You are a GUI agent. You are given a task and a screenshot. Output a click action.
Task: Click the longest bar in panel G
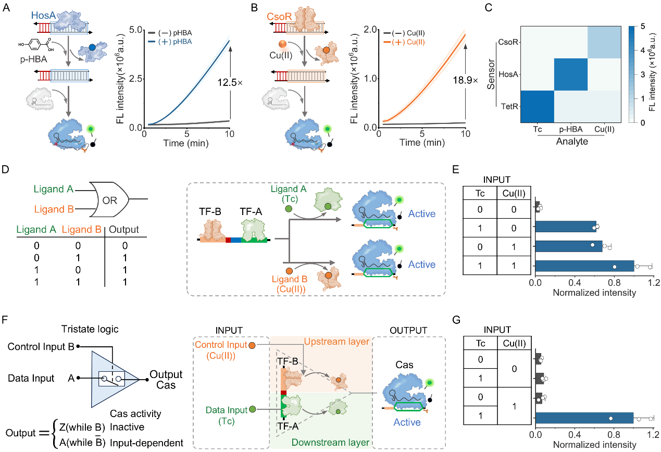pos(584,418)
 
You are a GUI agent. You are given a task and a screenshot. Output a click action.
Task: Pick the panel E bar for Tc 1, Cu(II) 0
pos(565,227)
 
